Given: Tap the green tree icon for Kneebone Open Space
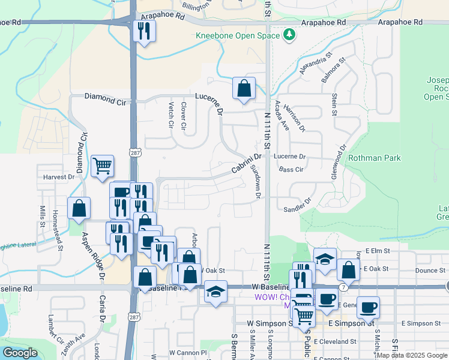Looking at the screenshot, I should (x=290, y=35).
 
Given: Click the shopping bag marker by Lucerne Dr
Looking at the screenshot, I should (x=244, y=89).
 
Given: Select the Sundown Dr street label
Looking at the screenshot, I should (x=256, y=182).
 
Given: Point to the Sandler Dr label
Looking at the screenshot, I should (x=298, y=205).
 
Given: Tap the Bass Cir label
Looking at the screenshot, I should (x=291, y=170).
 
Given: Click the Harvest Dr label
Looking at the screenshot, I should (x=59, y=177).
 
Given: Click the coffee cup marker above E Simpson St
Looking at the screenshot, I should (x=368, y=308).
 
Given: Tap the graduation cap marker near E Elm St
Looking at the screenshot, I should (x=325, y=260).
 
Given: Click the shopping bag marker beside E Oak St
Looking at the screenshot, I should (x=348, y=270).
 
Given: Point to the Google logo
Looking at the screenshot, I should (x=19, y=353).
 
